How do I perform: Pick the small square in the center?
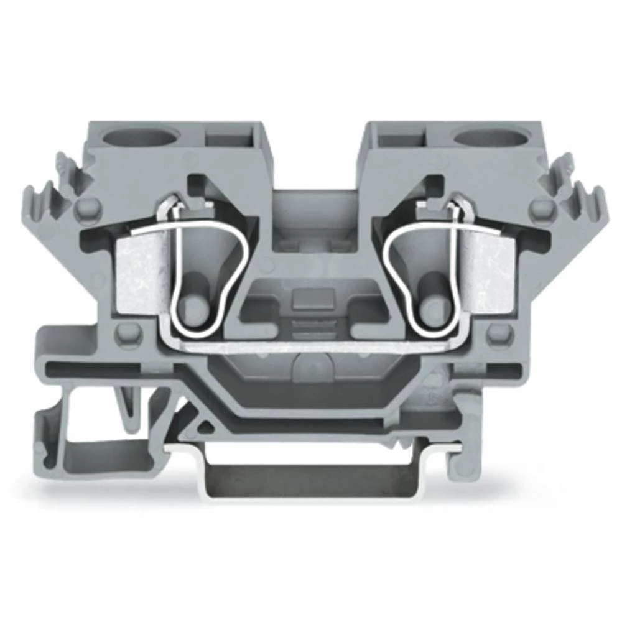pyautogui.click(x=310, y=299)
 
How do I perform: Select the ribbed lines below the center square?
pyautogui.click(x=310, y=329)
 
